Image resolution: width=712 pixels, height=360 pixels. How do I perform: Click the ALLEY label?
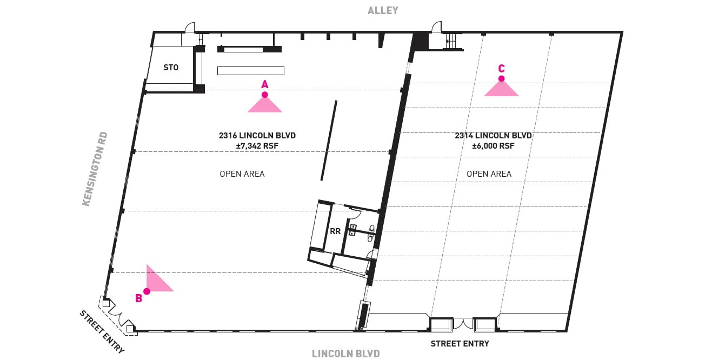[383, 10]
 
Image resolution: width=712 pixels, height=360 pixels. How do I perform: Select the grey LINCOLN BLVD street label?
[345, 354]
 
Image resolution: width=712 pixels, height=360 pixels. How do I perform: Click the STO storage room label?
[171, 68]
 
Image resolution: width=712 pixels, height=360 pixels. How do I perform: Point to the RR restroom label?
[335, 231]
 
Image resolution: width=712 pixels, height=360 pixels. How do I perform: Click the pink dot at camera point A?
[265, 95]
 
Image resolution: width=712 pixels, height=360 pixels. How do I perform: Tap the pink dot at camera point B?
[147, 291]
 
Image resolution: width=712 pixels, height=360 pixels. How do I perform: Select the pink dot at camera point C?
[501, 78]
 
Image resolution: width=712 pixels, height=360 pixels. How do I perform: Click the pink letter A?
[265, 84]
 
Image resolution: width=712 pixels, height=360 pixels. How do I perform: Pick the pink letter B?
[139, 298]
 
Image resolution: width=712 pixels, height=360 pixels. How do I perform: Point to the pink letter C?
[501, 69]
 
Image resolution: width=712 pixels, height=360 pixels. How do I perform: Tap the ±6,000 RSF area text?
[493, 146]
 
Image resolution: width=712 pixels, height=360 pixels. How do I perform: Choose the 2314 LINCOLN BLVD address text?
[493, 136]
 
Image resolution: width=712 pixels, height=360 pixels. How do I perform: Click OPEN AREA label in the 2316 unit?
[242, 174]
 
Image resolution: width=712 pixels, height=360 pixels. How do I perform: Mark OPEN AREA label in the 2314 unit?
[489, 174]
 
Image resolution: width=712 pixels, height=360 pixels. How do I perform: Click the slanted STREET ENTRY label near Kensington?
[102, 332]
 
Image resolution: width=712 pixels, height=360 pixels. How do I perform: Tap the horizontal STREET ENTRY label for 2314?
[460, 344]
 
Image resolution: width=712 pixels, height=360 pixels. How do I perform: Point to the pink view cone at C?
[501, 90]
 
